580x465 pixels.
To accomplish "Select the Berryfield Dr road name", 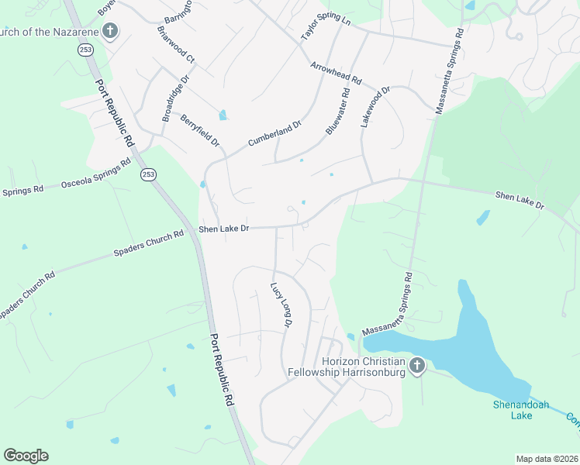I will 200,130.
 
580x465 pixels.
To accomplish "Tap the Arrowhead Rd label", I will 336,74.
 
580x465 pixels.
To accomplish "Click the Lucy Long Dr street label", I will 280,304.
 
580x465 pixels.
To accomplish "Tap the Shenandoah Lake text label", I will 513,409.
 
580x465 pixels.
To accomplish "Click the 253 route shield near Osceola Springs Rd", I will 147,175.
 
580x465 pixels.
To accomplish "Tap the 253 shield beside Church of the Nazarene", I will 82,50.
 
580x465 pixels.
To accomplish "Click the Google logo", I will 26,456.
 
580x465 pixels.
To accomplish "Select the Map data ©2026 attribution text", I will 547,459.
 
